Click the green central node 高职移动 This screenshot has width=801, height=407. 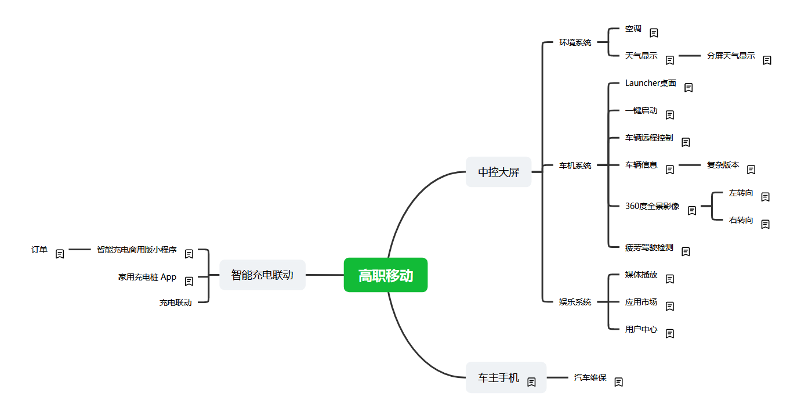pos(386,275)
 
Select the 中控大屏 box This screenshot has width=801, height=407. pos(498,172)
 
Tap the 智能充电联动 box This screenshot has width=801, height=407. pos(263,275)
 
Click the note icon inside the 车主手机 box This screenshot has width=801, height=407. pos(531,382)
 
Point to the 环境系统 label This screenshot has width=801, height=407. pos(575,42)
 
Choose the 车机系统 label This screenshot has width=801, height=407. pos(575,165)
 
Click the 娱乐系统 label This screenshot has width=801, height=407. pos(575,302)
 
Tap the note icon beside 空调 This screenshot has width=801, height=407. pos(654,33)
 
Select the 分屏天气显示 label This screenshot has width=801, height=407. pos(731,56)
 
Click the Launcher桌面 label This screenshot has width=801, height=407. pos(650,83)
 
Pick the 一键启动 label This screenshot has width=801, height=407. pos(641,111)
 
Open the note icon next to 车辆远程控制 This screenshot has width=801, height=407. pos(686,142)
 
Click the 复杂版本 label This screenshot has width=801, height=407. pos(723,165)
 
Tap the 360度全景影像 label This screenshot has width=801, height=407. pos(653,206)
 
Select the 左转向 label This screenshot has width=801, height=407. pos(741,193)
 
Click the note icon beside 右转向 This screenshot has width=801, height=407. pos(765,224)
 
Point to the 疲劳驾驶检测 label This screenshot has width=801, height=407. pos(649,247)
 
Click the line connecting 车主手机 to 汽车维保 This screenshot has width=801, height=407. pos(557,377)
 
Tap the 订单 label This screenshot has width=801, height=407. pos(39,250)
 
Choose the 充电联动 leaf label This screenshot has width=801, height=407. pos(176,302)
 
